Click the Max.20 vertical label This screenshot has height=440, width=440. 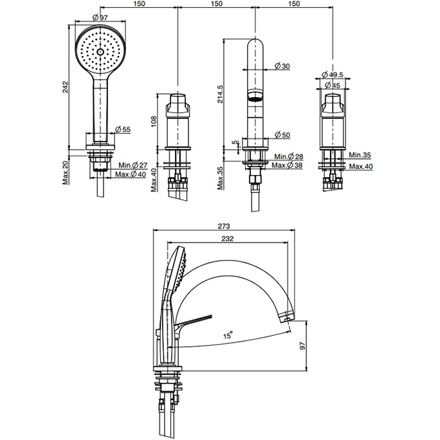[66, 172]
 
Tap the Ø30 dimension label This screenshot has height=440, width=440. [282, 66]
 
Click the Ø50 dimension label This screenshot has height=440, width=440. [282, 134]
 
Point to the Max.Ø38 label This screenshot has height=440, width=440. [288, 166]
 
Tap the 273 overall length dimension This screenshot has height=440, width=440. [223, 226]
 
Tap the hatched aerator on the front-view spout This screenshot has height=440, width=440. [255, 97]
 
